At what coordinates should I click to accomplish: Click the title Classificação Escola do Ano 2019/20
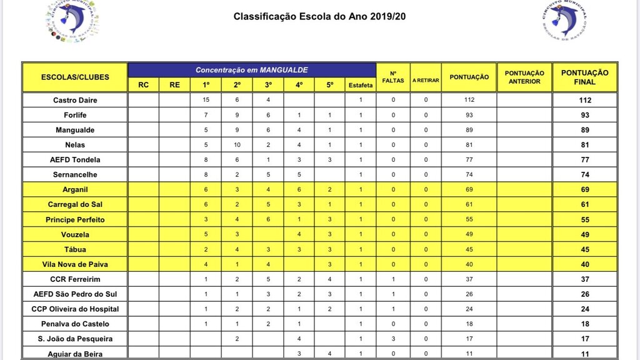[319, 16]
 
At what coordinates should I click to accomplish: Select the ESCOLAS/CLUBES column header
[75, 77]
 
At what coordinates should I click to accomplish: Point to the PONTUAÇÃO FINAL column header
[584, 77]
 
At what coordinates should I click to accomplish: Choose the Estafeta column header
[361, 85]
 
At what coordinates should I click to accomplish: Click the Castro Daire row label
[75, 100]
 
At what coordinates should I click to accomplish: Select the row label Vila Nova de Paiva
[75, 264]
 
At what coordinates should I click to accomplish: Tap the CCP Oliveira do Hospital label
[75, 309]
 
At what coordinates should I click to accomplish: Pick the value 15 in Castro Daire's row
[206, 100]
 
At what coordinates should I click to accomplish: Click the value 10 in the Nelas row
[237, 145]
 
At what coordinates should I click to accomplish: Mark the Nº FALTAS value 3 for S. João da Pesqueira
[394, 339]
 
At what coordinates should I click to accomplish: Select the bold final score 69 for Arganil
[584, 189]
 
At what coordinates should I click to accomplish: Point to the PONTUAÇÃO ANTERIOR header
[524, 77]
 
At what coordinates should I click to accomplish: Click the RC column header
[143, 85]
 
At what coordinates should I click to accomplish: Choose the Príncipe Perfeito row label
[75, 219]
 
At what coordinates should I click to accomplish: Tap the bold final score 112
[584, 100]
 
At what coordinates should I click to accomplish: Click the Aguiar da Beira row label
[75, 354]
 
